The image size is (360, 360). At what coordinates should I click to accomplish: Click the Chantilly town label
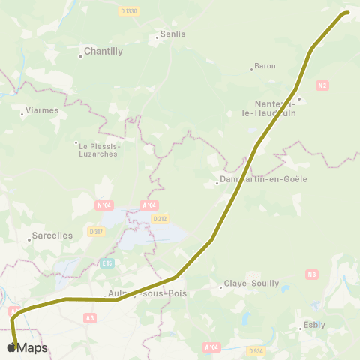click(x=103, y=52)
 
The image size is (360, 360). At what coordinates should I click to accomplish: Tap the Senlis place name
click(x=172, y=34)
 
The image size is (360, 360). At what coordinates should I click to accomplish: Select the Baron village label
click(x=265, y=66)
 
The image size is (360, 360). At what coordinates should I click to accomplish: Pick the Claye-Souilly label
click(x=253, y=283)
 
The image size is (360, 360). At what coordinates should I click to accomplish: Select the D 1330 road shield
click(x=129, y=10)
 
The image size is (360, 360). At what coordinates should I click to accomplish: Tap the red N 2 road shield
click(x=322, y=85)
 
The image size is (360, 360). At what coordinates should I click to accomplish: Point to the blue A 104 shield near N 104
click(x=149, y=205)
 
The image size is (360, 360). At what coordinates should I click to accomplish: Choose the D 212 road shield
click(x=159, y=219)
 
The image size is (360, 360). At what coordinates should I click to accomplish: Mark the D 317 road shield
click(x=95, y=232)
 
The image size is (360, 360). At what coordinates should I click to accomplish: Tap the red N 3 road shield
click(x=312, y=274)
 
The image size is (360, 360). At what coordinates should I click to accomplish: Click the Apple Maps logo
click(x=27, y=347)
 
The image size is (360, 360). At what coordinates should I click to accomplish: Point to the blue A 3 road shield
click(x=90, y=318)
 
